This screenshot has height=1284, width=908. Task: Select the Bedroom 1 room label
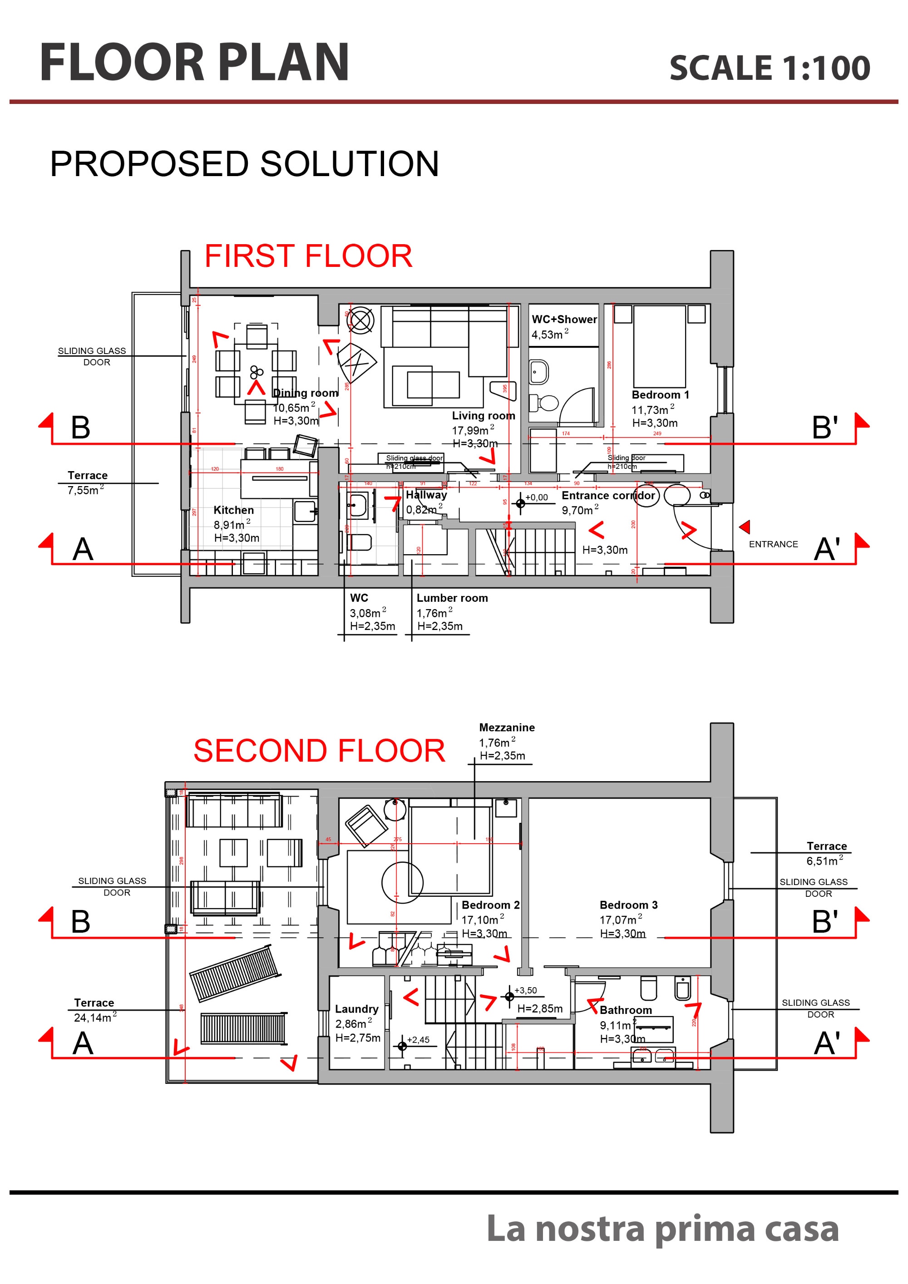tap(660, 395)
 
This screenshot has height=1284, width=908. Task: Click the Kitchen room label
tap(233, 510)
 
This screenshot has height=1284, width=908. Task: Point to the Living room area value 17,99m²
tap(472, 430)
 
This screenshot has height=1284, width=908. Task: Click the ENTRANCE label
tap(773, 544)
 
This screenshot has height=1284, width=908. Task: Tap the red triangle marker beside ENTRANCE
tap(745, 527)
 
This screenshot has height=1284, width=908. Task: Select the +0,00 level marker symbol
tap(520, 503)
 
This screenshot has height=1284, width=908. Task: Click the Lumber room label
tap(452, 598)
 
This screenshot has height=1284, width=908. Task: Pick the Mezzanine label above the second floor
tap(507, 728)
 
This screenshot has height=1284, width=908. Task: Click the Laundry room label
tap(356, 1009)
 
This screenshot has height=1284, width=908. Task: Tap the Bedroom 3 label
tap(628, 905)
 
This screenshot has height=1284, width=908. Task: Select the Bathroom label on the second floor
tap(626, 1010)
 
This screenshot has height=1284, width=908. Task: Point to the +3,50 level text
tap(525, 990)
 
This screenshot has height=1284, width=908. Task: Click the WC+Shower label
tap(564, 320)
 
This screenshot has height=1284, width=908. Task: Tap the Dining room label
tap(306, 393)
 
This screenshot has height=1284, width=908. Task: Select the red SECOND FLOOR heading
tap(319, 751)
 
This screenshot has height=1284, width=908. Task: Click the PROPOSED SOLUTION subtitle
tap(245, 164)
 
